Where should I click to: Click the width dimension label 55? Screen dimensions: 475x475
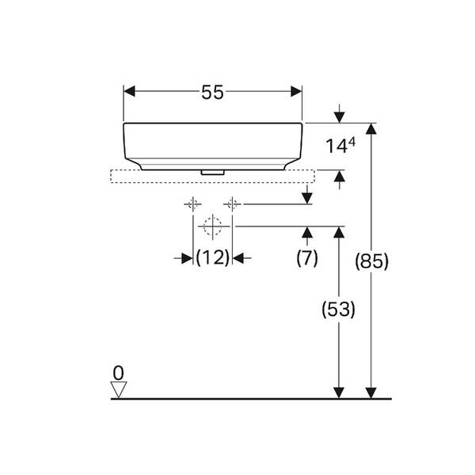click(x=212, y=92)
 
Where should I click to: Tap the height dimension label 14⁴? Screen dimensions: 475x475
click(x=340, y=146)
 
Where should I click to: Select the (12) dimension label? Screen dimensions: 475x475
click(x=213, y=258)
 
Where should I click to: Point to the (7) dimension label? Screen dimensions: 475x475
click(x=307, y=258)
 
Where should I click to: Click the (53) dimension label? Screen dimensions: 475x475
click(x=338, y=310)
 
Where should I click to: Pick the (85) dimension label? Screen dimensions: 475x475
click(x=372, y=260)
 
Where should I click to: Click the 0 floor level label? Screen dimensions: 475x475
click(x=119, y=373)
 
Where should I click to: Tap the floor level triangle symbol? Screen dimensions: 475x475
click(x=119, y=389)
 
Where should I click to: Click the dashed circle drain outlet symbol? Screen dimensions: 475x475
click(x=213, y=226)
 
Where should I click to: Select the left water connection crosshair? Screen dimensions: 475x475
click(x=193, y=204)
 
